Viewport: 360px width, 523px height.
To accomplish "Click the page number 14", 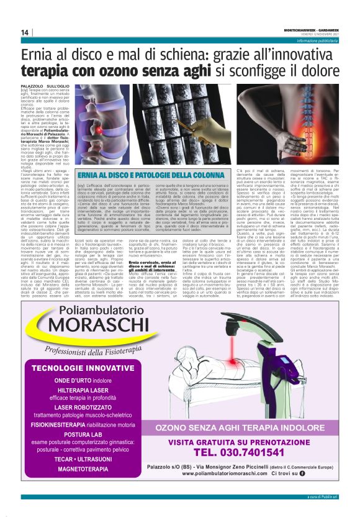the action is [25, 32].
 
